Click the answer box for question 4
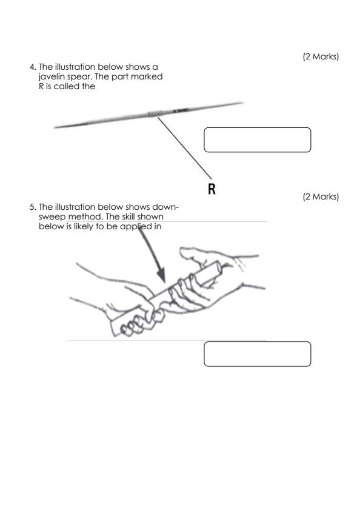point(258,139)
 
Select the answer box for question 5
point(258,354)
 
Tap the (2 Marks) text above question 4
point(321,57)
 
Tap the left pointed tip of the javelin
point(55,127)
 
